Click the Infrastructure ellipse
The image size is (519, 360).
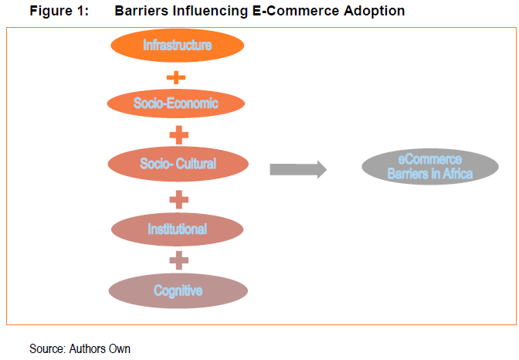pyautogui.click(x=178, y=46)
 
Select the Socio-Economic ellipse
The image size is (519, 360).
pyautogui.click(x=176, y=104)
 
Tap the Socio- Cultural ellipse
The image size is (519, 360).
pyautogui.click(x=178, y=164)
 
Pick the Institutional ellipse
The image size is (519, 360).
pyautogui.click(x=178, y=229)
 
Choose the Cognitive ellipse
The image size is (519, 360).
pyautogui.click(x=178, y=290)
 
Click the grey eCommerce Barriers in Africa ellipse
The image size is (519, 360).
pyautogui.click(x=430, y=167)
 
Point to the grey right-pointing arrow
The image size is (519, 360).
pyautogui.click(x=298, y=169)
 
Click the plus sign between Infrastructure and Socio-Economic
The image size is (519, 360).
pyautogui.click(x=176, y=78)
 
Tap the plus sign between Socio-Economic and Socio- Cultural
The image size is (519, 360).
pyautogui.click(x=178, y=135)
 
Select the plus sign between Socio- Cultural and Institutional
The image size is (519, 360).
pyautogui.click(x=178, y=200)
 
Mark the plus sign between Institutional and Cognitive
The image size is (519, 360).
pyautogui.click(x=178, y=260)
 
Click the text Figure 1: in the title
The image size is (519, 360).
pyautogui.click(x=59, y=11)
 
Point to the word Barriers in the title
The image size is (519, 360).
pyautogui.click(x=141, y=11)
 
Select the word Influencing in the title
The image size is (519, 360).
pyautogui.click(x=210, y=12)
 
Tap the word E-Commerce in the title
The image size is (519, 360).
pyautogui.click(x=296, y=11)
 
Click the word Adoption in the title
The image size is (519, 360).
pyautogui.click(x=375, y=12)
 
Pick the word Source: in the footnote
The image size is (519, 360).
pyautogui.click(x=48, y=348)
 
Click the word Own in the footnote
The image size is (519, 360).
pyautogui.click(x=120, y=348)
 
